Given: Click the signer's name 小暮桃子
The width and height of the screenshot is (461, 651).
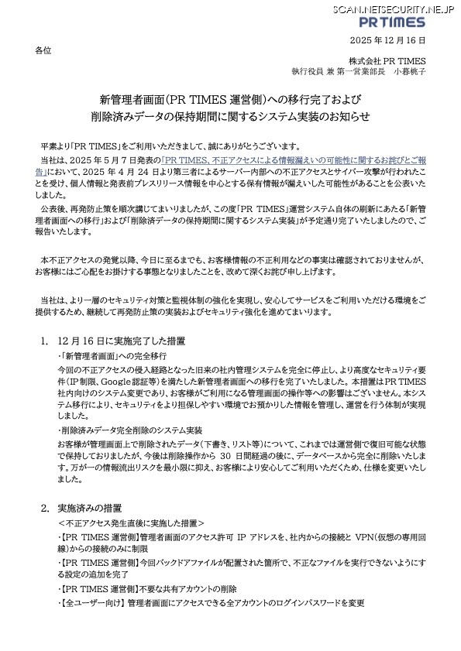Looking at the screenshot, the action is pos(409,72).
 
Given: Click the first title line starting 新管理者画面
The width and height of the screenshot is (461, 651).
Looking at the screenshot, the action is pos(230,100).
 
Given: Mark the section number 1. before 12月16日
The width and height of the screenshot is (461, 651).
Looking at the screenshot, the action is pos(44,341).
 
